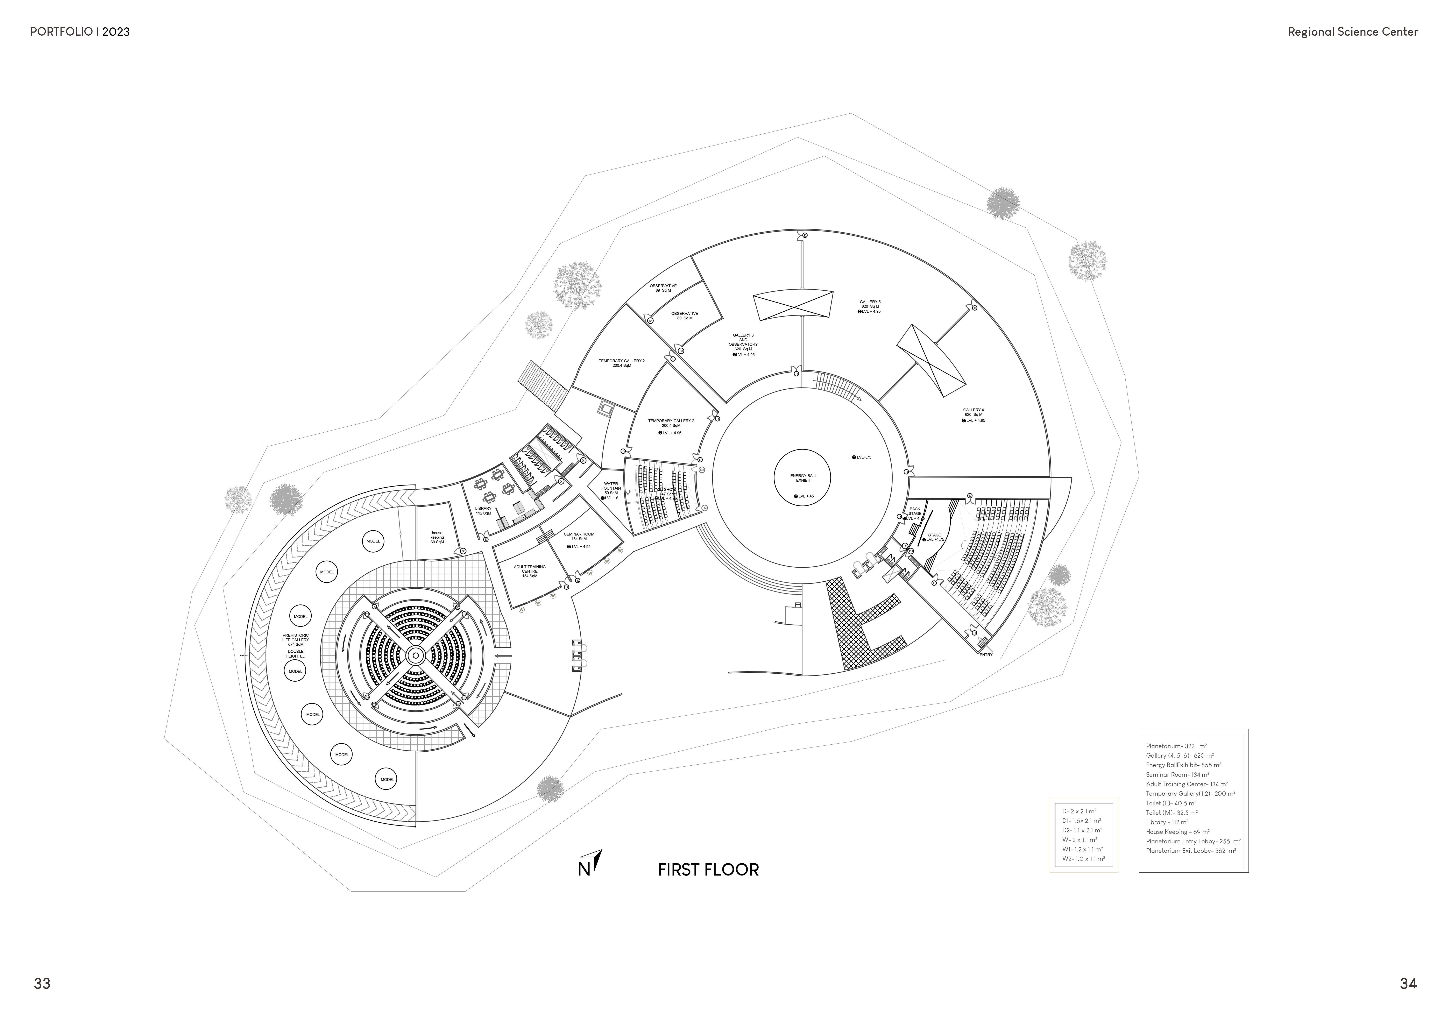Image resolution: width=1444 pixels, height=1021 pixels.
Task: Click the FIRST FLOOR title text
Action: pyautogui.click(x=708, y=869)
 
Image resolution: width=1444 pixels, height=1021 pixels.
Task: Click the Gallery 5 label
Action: pyautogui.click(x=870, y=306)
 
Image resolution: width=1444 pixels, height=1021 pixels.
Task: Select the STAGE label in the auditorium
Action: pyautogui.click(x=935, y=535)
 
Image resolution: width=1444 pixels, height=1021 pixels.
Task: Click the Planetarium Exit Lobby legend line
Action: pyautogui.click(x=1190, y=851)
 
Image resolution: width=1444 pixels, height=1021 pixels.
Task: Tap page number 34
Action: pyautogui.click(x=1408, y=983)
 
